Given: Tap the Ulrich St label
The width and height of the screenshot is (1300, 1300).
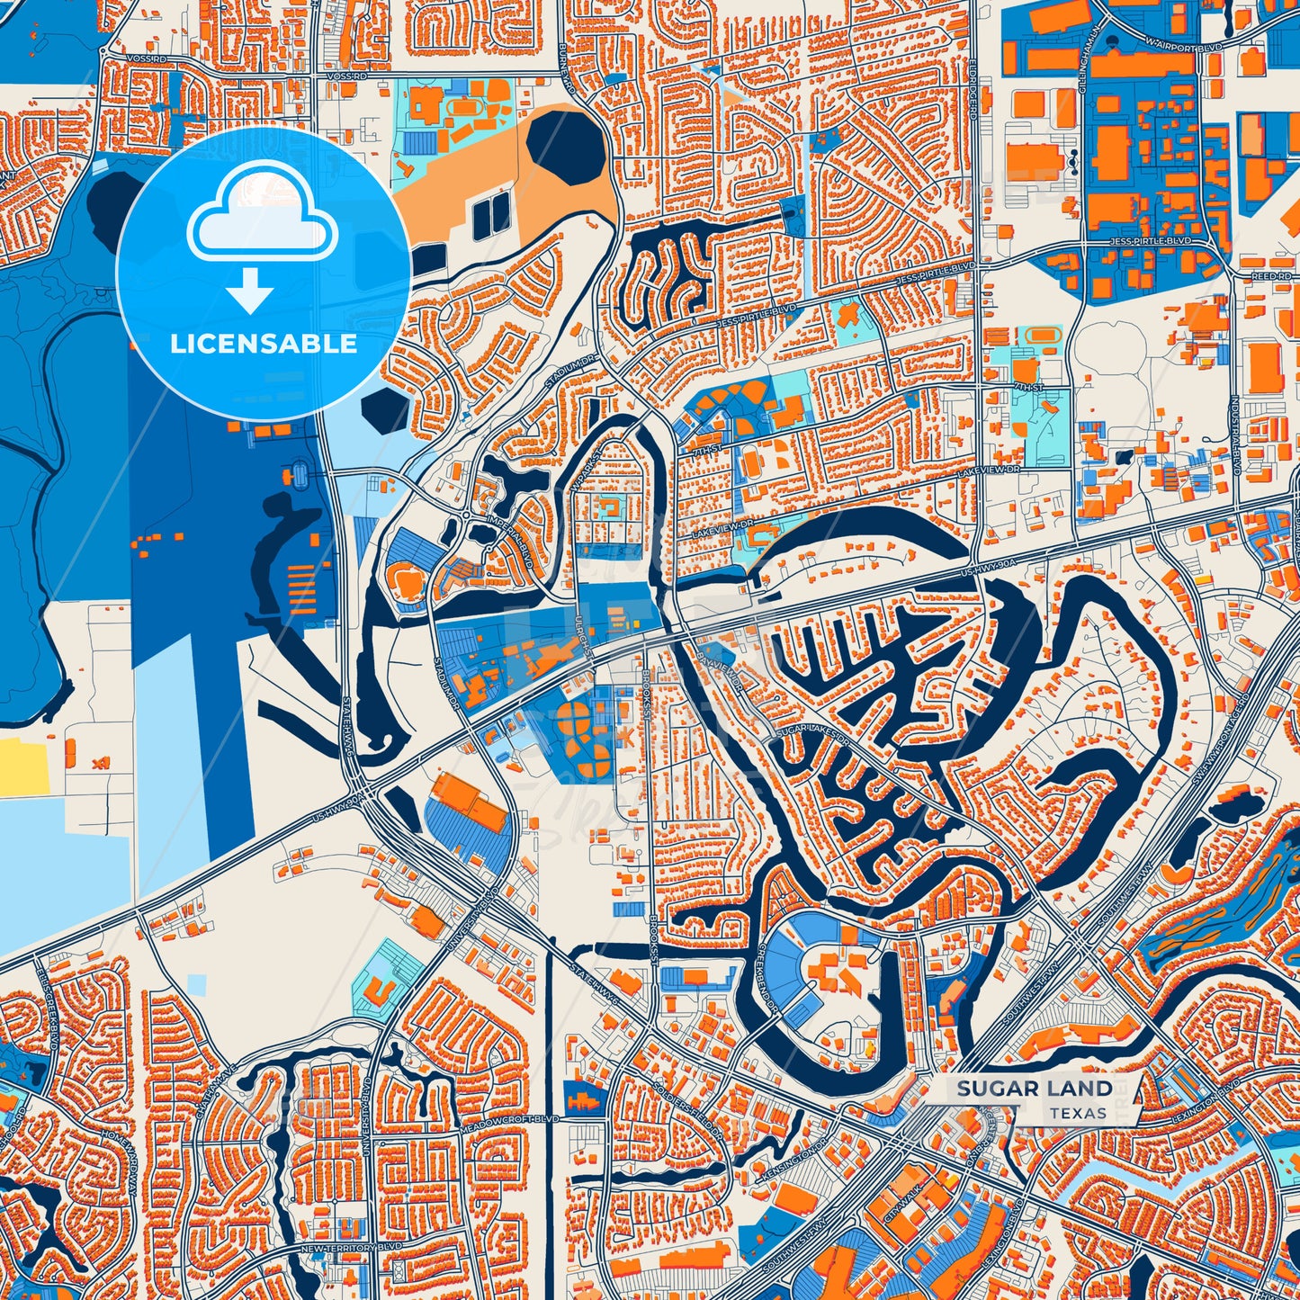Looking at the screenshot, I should (585, 633).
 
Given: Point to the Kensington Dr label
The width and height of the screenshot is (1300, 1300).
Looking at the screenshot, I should (792, 1161).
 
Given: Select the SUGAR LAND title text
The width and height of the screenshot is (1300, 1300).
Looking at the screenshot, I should (1035, 1089).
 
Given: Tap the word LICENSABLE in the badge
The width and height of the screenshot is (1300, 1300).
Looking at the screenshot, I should (264, 344).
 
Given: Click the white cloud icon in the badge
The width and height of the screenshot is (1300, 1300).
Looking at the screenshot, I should (262, 212).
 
